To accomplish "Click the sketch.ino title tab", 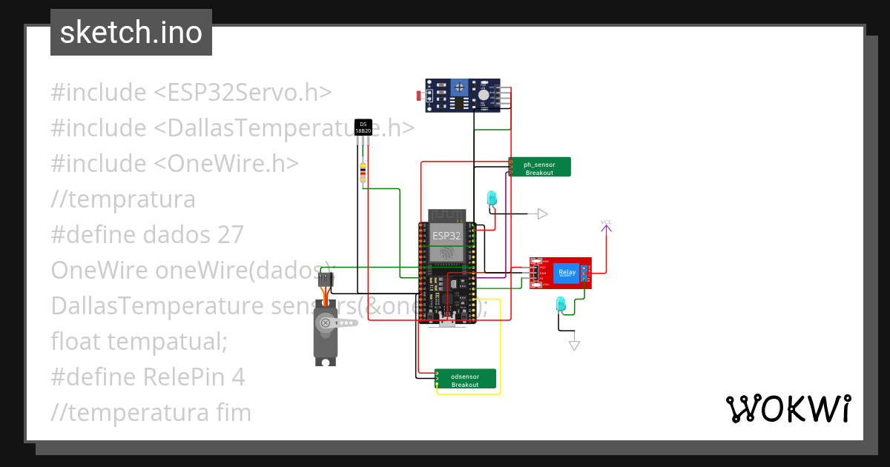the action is click(x=131, y=33).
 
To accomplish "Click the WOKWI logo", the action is click(x=787, y=408).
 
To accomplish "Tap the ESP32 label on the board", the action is click(x=446, y=236).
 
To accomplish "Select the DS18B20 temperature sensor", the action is click(x=362, y=127).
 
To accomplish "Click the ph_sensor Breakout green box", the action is click(x=540, y=167).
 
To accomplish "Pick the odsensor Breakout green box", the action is click(x=466, y=379).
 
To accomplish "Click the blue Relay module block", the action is click(x=567, y=273).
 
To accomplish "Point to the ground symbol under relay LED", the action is click(x=573, y=345).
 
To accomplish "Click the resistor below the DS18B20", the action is click(x=363, y=173).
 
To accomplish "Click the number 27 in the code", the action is click(x=231, y=234).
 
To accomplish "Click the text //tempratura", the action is click(x=123, y=199).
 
